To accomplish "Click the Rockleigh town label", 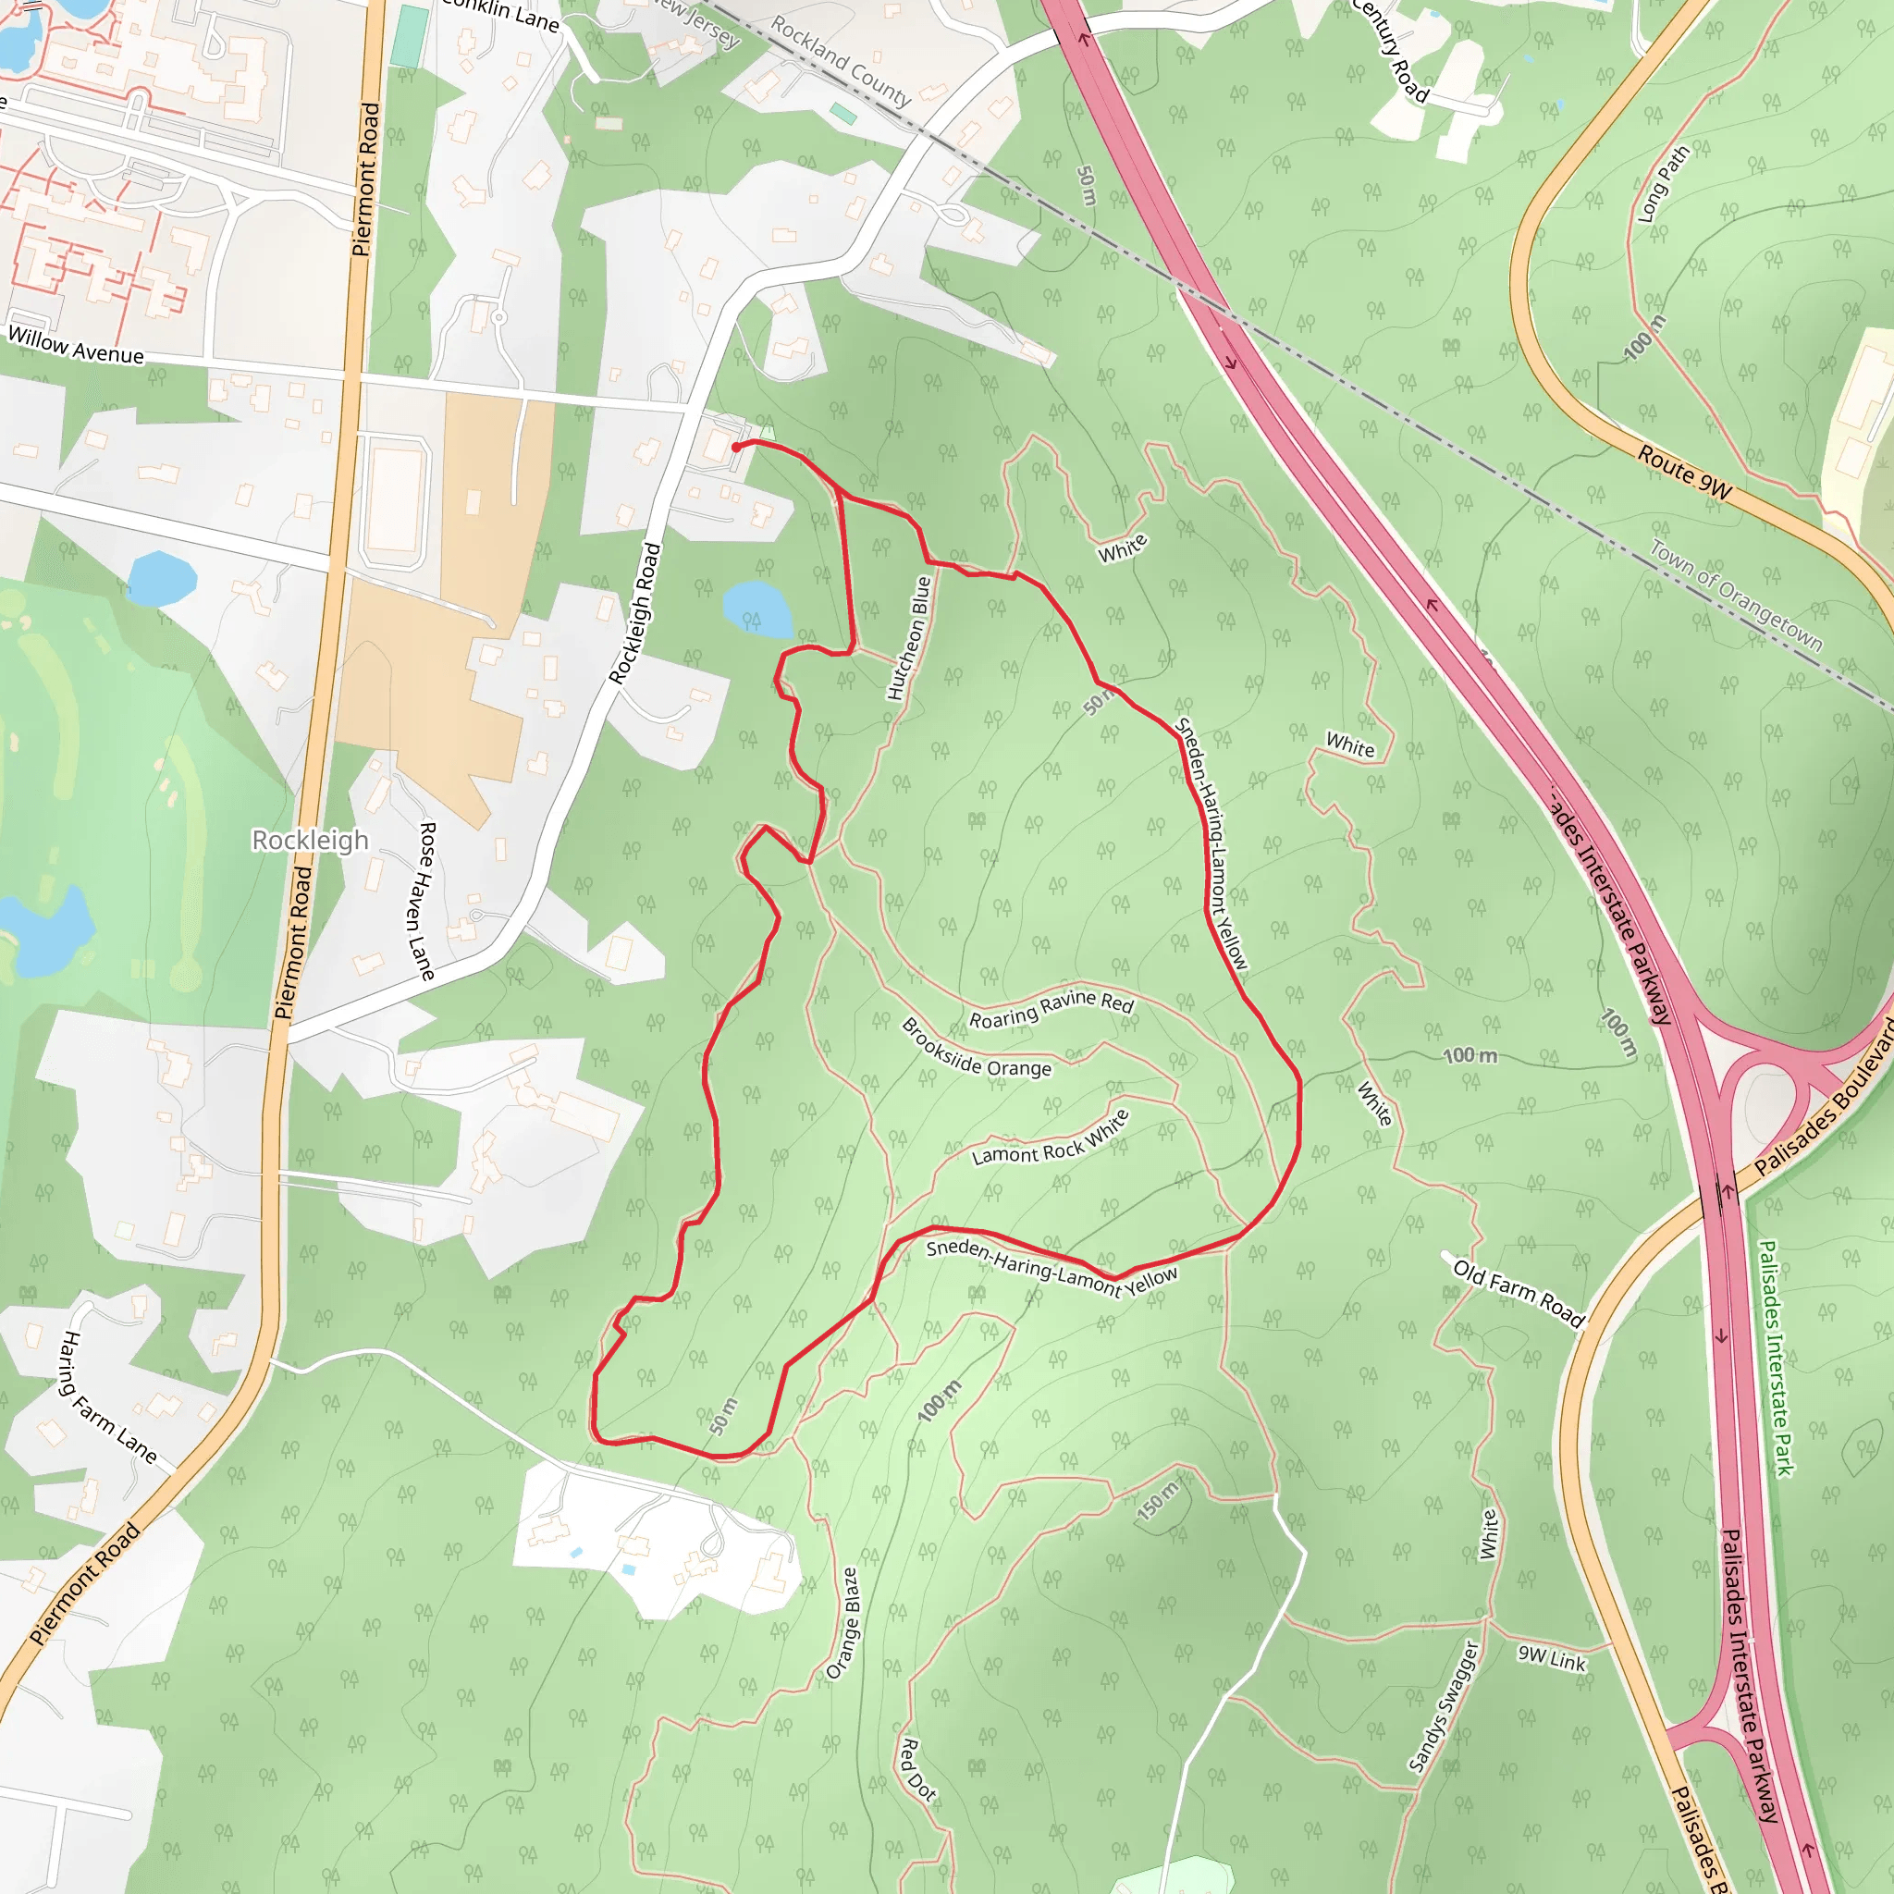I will pos(310,840).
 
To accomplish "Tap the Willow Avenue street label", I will pos(76,345).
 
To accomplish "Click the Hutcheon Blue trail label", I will pos(909,638).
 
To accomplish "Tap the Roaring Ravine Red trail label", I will pos(1051,1009).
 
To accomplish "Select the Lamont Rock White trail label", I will pos(1051,1138).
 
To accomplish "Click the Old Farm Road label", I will pos(1519,1294).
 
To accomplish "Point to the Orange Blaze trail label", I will pos(843,1623).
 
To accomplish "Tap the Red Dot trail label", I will pos(917,1768).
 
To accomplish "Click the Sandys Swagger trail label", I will pos(1443,1705).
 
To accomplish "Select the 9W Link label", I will pos(1552,1658).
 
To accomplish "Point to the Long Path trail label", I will pos(1665,183).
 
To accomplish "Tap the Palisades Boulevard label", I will pos(1824,1096).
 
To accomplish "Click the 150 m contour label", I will pos(1160,1500).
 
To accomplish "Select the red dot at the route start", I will pos(736,448).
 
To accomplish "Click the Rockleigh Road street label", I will pos(635,614).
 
